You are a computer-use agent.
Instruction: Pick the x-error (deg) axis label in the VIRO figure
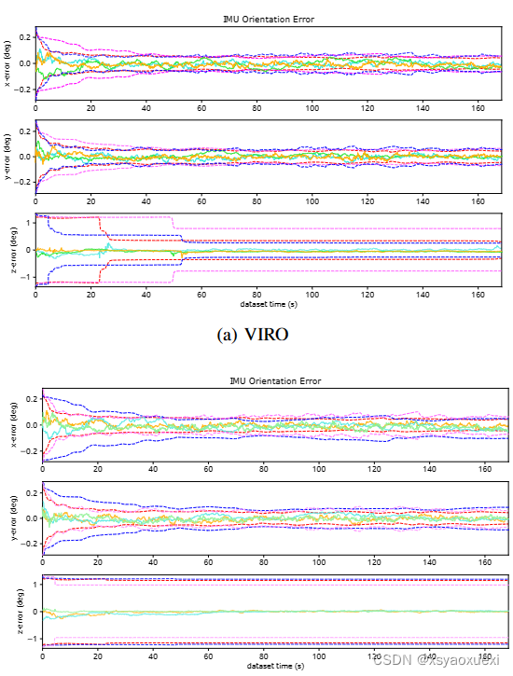coord(8,64)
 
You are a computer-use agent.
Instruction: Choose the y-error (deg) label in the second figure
coord(8,518)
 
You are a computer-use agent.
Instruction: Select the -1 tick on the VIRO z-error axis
coord(24,276)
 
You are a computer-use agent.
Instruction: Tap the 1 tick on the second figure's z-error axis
coord(28,585)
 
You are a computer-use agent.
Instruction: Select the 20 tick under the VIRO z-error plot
coord(90,295)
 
